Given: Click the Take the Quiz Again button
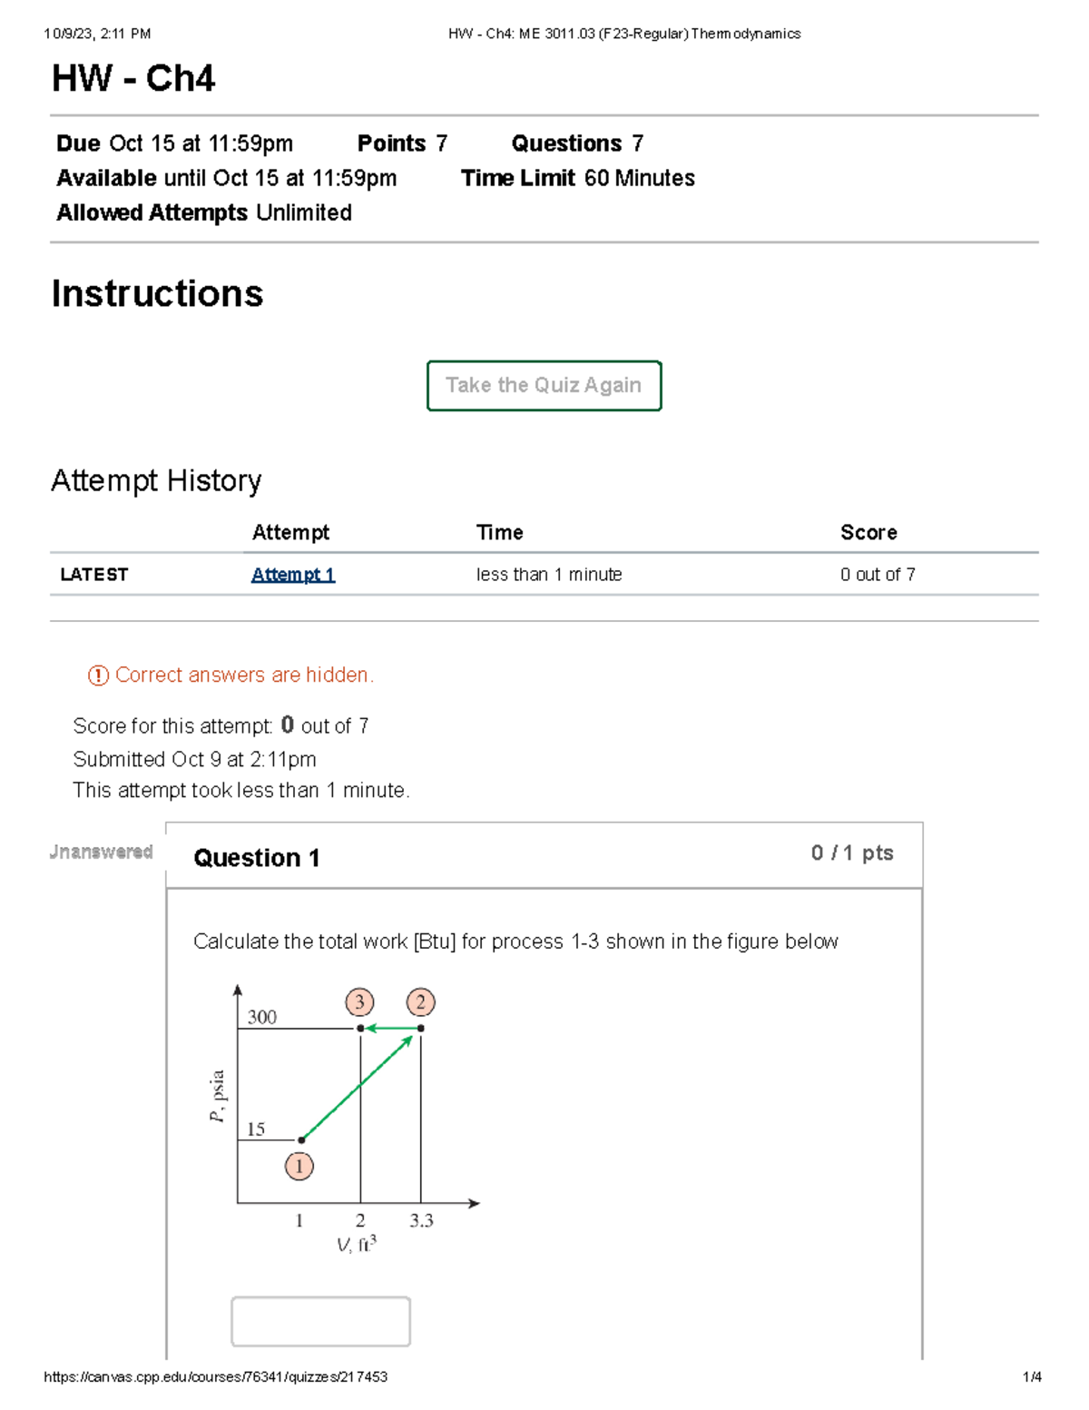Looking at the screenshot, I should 544,386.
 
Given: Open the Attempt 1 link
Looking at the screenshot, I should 293,575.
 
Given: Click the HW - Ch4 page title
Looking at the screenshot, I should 133,79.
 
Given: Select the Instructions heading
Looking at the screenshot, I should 157,294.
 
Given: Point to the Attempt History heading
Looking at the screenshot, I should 156,480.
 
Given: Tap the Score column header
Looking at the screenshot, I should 868,533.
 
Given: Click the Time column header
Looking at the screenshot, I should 500,533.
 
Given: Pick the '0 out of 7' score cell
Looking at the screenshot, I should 878,575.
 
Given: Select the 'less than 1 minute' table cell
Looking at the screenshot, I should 549,575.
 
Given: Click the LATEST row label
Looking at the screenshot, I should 94,575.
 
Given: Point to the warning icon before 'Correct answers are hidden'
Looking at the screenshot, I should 98,675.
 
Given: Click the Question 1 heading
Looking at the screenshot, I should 257,858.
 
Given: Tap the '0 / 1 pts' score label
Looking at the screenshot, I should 852,853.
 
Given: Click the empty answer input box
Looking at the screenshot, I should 320,1321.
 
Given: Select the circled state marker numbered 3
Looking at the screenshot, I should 359,1002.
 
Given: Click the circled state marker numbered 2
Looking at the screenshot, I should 420,1002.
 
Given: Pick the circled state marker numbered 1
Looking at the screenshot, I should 299,1166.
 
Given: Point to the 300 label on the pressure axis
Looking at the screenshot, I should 262,1018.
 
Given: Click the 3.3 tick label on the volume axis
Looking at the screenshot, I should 421,1221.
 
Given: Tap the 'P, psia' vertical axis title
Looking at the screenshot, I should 218,1096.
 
